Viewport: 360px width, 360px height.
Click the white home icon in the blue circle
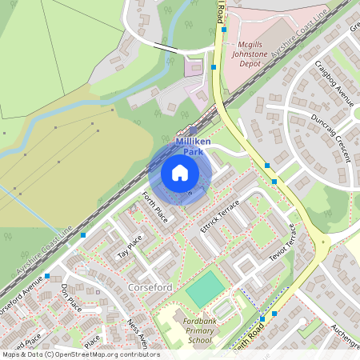[180, 172]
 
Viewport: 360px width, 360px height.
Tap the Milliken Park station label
[192, 145]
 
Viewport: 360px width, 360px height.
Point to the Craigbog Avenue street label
[334, 82]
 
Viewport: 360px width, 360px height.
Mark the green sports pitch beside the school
[205, 289]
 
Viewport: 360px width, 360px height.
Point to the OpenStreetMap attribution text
[80, 354]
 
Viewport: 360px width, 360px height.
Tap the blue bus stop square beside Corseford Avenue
[48, 276]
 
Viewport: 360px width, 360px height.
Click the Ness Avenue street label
[137, 334]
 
